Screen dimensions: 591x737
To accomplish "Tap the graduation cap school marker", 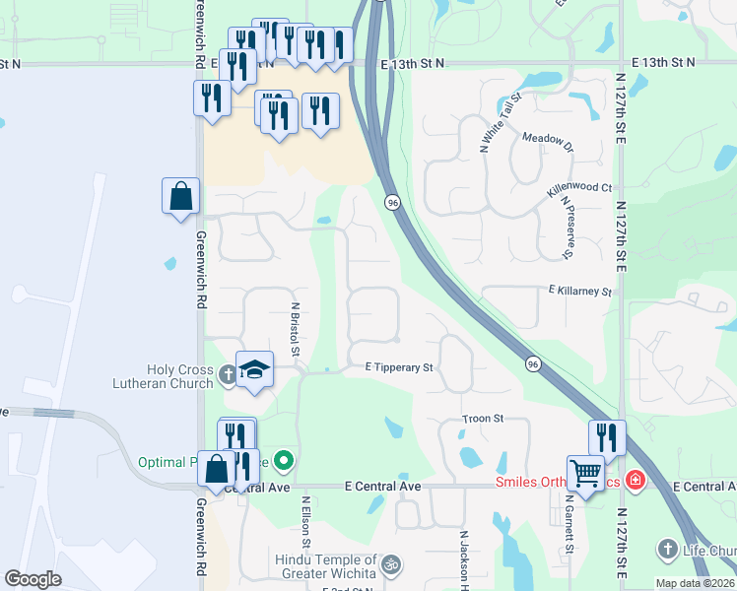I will [255, 370].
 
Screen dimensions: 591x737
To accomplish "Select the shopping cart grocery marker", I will [585, 474].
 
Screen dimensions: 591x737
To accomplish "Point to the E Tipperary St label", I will [400, 367].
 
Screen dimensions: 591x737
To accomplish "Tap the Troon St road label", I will [483, 419].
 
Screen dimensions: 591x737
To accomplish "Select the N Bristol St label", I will [294, 328].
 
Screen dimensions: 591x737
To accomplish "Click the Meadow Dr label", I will [548, 144].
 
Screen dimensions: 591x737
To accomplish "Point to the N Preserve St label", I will [567, 228].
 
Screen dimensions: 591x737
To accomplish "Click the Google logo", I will [33, 579].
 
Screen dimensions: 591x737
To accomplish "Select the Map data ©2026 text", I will [695, 583].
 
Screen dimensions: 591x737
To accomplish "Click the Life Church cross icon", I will [668, 549].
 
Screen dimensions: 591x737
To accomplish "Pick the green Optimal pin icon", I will [285, 460].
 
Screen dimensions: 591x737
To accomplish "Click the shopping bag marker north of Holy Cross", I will [181, 196].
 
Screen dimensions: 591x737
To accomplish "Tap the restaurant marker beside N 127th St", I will [607, 437].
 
